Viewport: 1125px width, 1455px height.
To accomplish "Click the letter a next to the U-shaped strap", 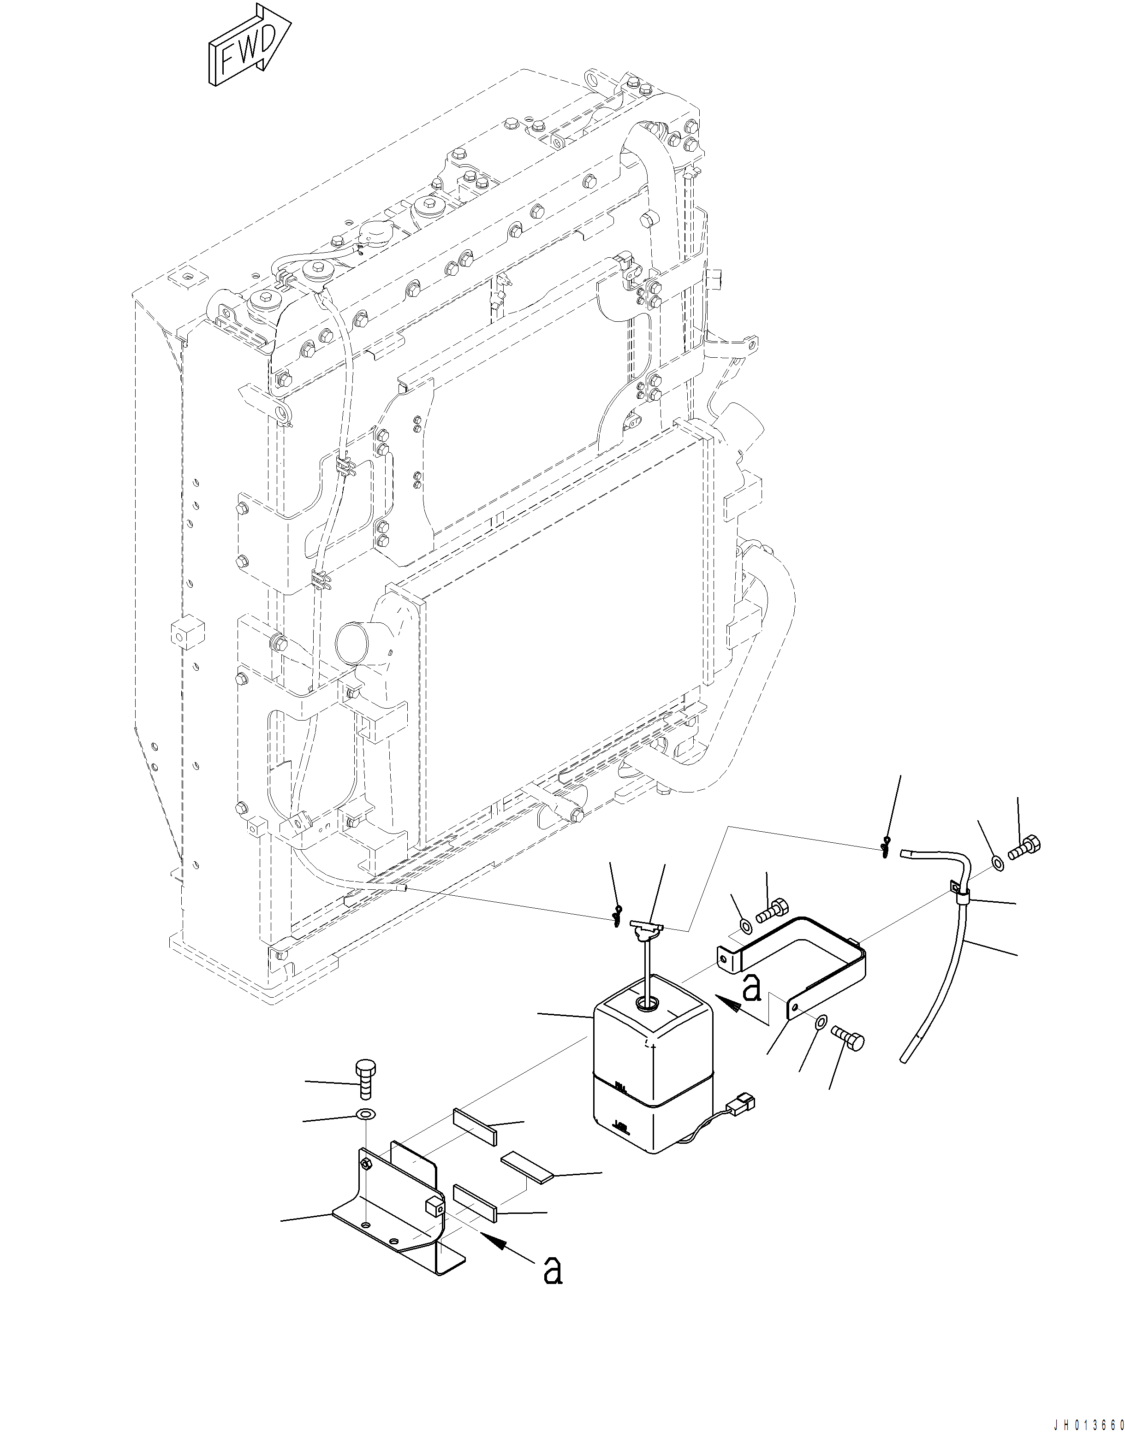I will tap(751, 988).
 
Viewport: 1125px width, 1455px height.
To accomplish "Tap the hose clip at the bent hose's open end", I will tap(884, 847).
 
